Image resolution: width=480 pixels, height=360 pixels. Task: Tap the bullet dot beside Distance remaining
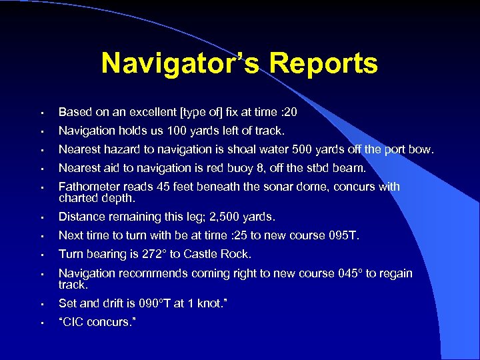click(41, 217)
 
